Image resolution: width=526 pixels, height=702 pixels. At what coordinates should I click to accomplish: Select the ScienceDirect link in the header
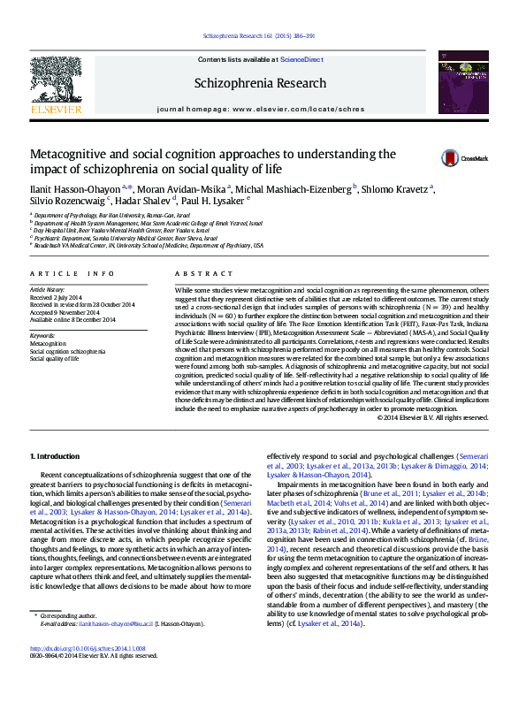[301, 59]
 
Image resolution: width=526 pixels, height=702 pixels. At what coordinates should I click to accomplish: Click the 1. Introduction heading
[55, 455]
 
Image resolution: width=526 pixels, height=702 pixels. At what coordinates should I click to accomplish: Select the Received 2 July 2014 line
[57, 298]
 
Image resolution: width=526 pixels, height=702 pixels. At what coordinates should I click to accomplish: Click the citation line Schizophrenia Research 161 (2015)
[259, 35]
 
